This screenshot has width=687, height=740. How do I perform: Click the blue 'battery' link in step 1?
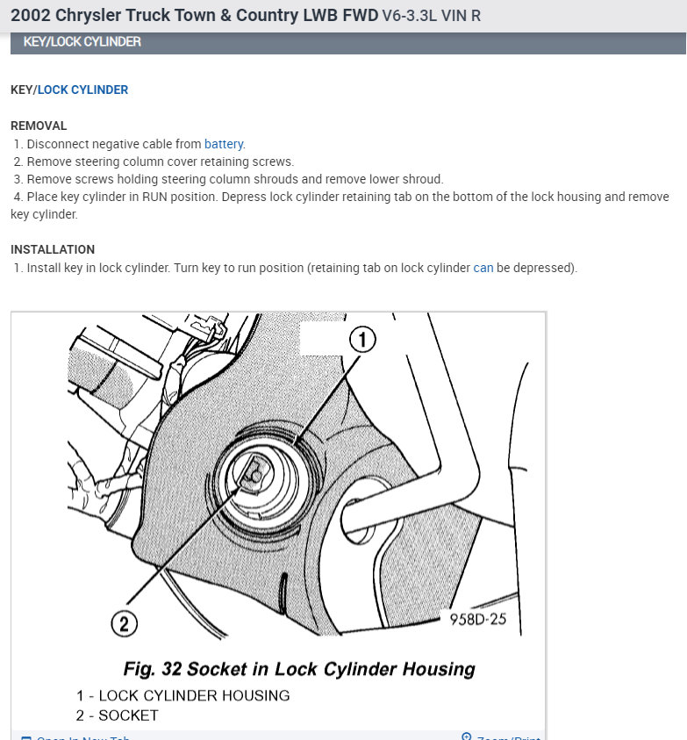tap(225, 144)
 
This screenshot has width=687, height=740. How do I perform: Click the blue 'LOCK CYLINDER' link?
tap(82, 90)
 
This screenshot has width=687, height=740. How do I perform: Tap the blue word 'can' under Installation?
tap(483, 268)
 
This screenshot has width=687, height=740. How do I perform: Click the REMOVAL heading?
tap(39, 126)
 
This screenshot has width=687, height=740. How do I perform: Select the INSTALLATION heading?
tap(53, 249)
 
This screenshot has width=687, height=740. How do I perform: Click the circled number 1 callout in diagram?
tap(362, 339)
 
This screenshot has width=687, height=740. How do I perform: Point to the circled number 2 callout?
tap(124, 623)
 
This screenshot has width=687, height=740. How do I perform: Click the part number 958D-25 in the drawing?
tap(478, 619)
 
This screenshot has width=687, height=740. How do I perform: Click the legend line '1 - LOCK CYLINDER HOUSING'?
tap(182, 695)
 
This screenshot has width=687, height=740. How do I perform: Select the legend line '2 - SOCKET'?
tap(117, 715)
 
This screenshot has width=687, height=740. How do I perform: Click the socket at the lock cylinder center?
tap(253, 473)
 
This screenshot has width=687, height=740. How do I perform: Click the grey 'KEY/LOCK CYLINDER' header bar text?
tap(82, 42)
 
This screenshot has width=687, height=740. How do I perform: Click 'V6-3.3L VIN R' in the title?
tap(432, 16)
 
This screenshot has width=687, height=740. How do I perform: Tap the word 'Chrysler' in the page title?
tap(89, 16)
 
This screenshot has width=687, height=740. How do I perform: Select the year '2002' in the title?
tap(30, 16)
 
